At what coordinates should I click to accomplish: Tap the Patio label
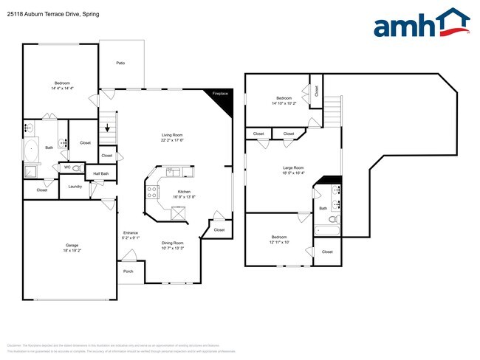120,63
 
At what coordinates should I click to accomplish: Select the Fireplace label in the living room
220,94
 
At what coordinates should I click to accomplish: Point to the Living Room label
173,135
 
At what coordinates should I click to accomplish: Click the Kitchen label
184,191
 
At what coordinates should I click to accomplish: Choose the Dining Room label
173,243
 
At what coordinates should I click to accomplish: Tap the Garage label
72,245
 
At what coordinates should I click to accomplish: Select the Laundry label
75,187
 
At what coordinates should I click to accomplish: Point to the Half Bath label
101,174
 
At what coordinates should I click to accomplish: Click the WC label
67,167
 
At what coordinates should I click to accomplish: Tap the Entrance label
130,233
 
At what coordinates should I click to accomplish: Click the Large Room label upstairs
293,168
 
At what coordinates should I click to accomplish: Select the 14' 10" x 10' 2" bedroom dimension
284,103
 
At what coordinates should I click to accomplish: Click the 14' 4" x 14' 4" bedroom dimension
63,89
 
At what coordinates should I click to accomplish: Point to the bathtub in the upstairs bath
329,232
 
